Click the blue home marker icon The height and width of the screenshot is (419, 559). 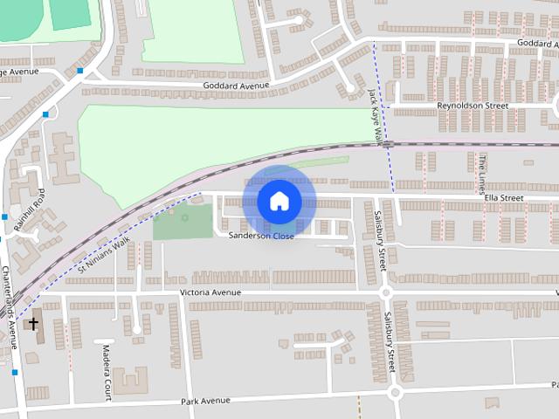279,201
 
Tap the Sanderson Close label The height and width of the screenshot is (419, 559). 261,236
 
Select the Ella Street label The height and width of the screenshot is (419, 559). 504,198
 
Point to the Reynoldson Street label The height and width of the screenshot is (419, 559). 473,106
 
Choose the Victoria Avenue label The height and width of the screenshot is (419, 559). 210,292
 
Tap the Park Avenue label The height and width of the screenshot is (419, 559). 206,401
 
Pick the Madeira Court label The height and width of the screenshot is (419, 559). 107,370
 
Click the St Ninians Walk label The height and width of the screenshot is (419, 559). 104,252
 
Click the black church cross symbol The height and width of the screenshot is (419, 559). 34,324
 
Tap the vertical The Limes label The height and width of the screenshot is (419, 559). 480,173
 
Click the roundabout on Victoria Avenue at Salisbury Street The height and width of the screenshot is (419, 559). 384,293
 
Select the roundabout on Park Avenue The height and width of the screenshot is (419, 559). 395,393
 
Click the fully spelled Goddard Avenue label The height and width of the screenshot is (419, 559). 236,86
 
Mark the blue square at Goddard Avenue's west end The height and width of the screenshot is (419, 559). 80,70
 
